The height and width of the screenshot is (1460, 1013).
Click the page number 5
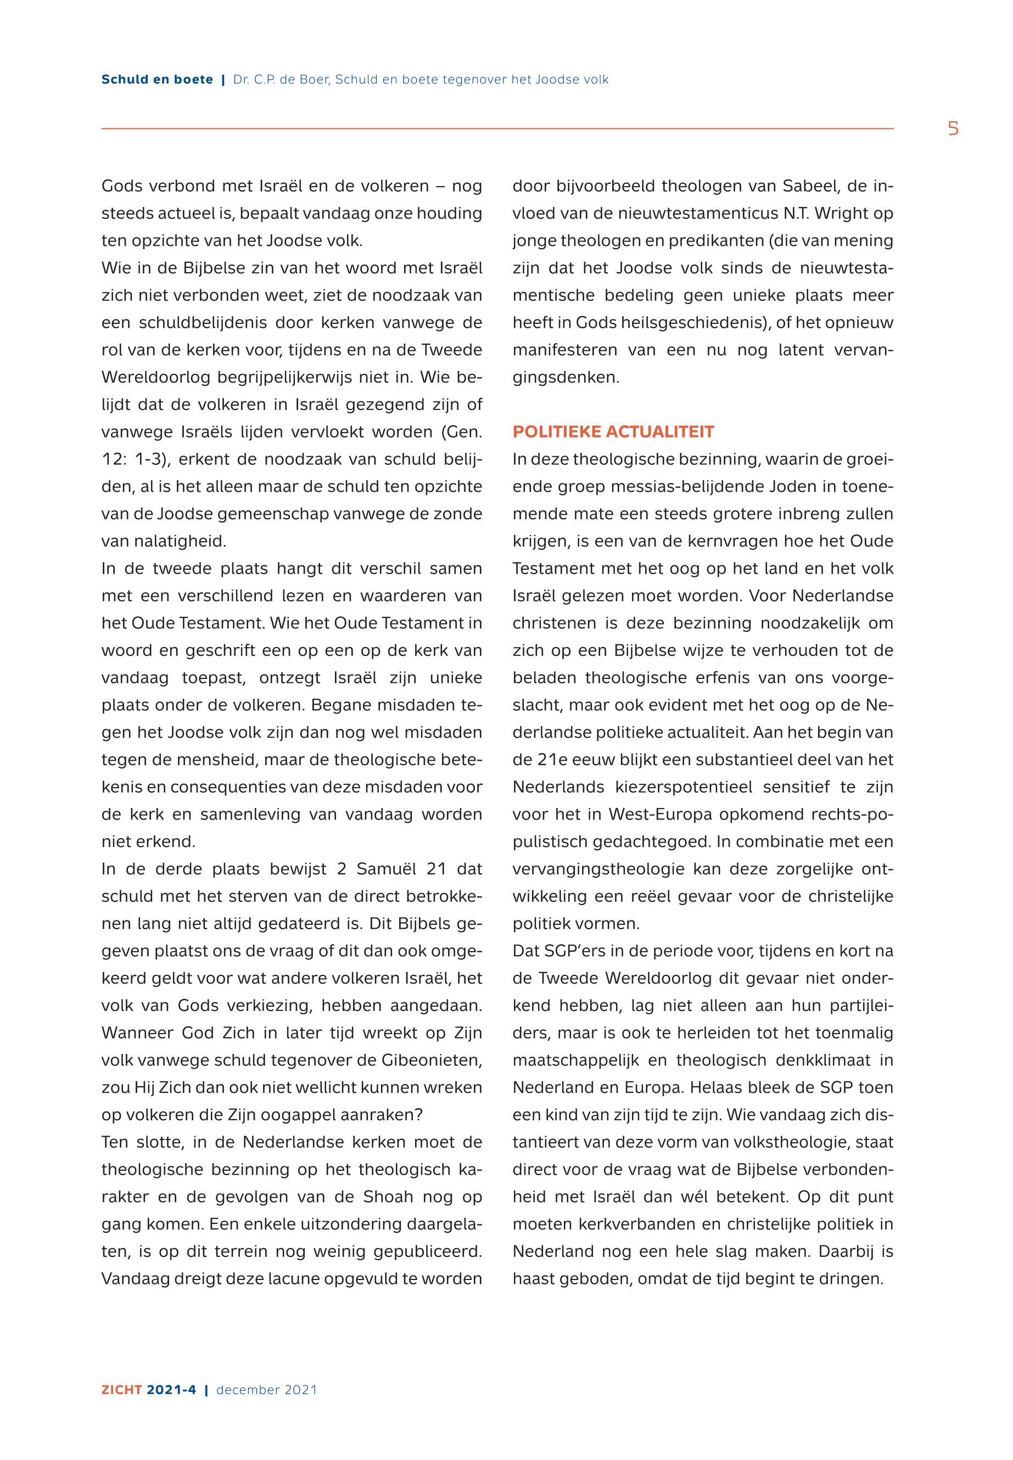coord(953,129)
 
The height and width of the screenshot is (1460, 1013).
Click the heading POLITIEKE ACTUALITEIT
coord(613,432)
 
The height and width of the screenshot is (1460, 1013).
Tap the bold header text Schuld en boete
coord(157,80)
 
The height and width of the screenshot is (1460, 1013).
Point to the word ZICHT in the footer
coord(121,1390)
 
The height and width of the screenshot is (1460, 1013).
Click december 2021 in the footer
coord(267,1390)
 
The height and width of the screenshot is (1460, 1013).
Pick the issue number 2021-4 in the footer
coord(171,1390)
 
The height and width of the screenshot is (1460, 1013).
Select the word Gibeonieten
coord(421,1060)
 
